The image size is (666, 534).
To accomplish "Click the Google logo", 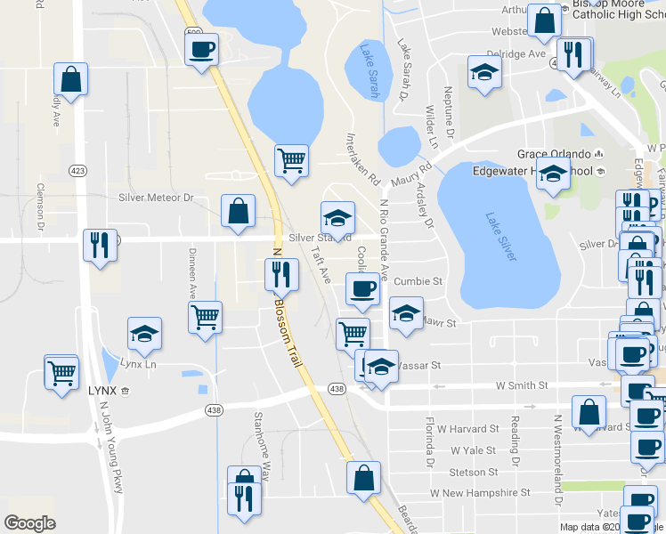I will (x=29, y=523).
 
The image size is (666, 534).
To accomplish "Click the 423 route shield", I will (x=77, y=169).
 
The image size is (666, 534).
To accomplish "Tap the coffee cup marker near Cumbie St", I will (x=362, y=289).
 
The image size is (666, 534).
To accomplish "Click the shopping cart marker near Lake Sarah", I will (x=291, y=161).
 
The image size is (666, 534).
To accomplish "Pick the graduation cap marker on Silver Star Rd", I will (x=337, y=217).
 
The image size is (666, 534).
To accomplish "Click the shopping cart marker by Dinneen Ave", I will (x=206, y=318).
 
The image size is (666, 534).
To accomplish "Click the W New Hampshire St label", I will (x=480, y=492).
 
